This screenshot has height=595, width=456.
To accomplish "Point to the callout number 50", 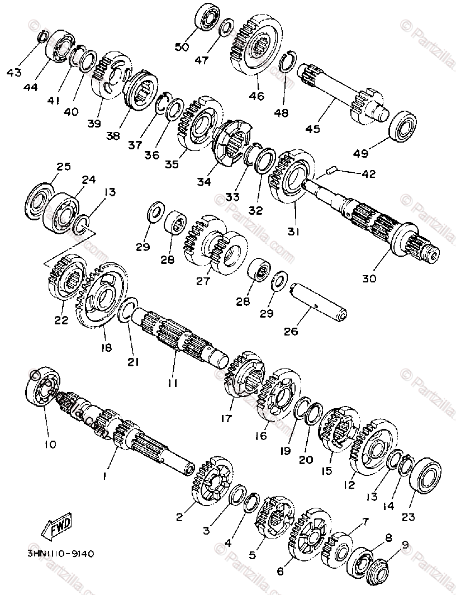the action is [182, 47].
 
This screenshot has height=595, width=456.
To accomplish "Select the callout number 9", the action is [405, 544].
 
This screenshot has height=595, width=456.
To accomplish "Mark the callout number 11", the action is [173, 383].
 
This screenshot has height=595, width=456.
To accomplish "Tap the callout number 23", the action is [408, 517].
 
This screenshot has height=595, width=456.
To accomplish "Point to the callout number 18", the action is [106, 347].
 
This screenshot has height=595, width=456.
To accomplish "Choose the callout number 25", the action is [64, 167].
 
